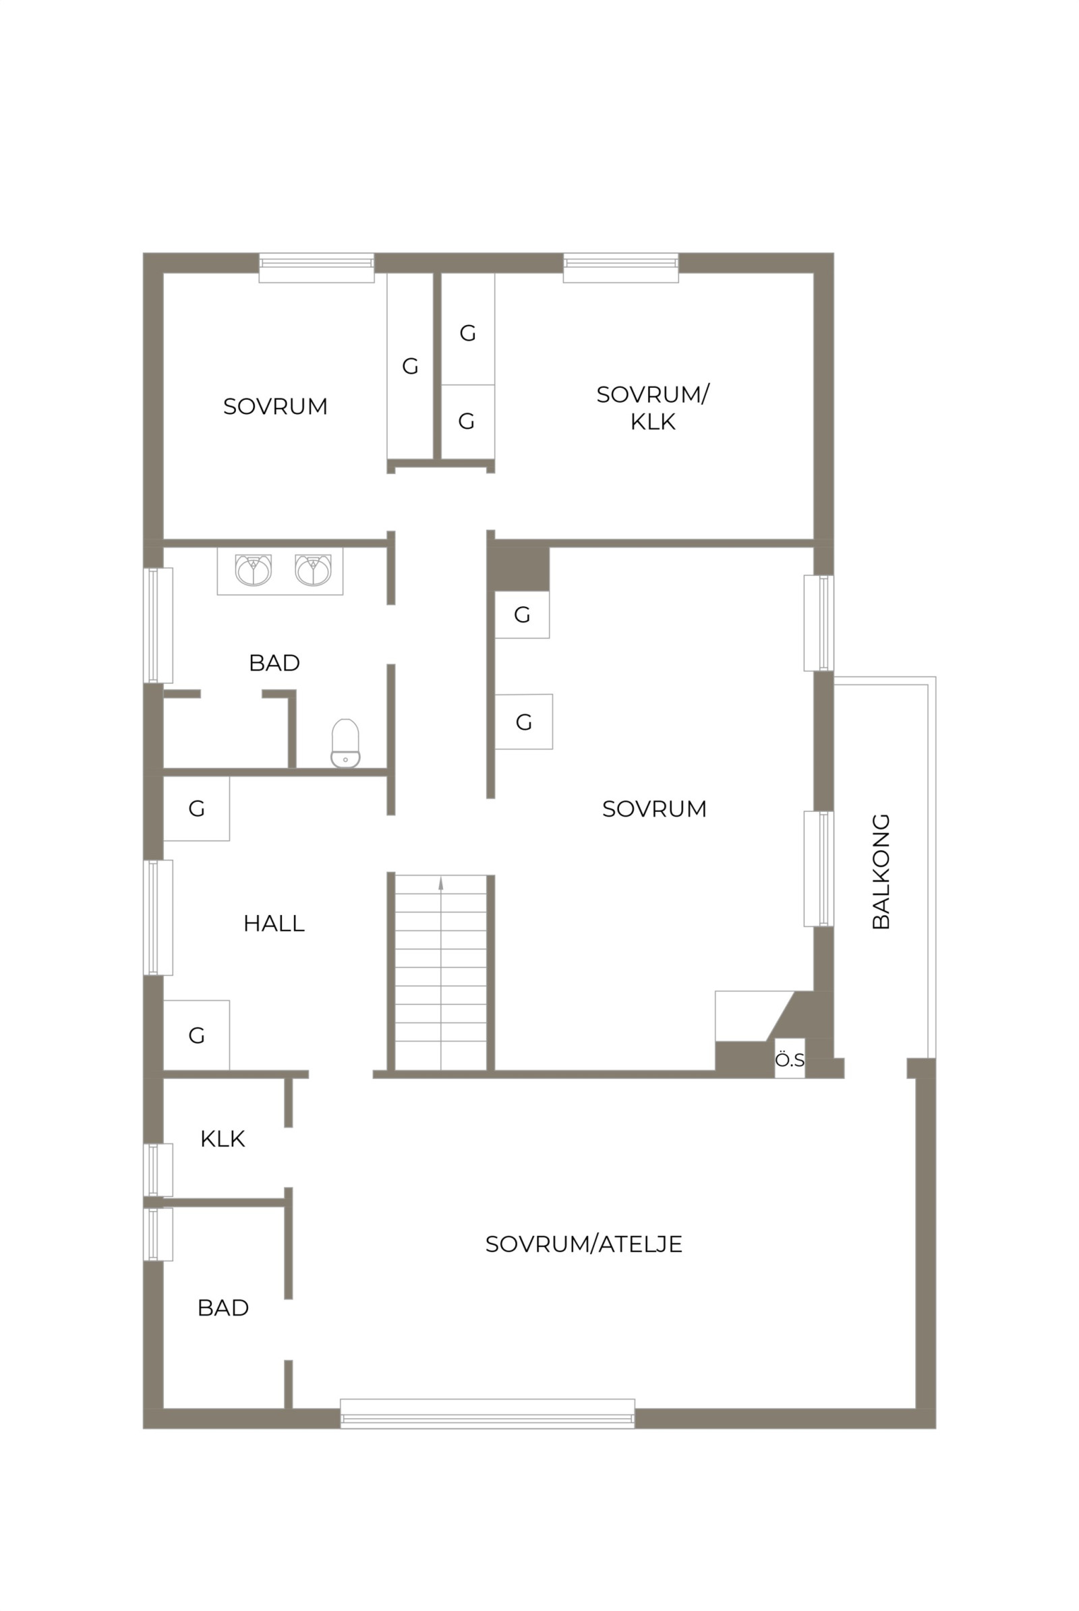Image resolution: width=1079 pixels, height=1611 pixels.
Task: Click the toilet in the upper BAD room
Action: [345, 743]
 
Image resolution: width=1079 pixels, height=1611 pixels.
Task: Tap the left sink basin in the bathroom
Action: [254, 570]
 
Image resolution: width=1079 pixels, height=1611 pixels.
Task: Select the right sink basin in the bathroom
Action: [313, 570]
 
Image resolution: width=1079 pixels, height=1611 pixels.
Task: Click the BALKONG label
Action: [881, 872]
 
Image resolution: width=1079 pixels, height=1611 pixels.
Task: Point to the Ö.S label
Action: [789, 1061]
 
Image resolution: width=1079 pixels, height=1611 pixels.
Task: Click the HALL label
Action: [274, 924]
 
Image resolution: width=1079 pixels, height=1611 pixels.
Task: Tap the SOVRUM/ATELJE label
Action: [583, 1244]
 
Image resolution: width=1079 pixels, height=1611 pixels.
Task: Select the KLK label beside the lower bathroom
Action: [223, 1139]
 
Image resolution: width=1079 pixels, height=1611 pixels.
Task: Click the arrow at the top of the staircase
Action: [440, 883]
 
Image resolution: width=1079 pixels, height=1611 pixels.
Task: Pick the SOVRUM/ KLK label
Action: [652, 408]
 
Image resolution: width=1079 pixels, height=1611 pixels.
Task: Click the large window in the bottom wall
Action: [487, 1413]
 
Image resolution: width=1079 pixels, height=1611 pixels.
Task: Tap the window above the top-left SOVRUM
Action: [316, 268]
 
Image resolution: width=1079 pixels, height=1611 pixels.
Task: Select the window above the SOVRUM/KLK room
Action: [620, 268]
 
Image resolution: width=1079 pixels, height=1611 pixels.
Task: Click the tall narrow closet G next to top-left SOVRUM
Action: [410, 366]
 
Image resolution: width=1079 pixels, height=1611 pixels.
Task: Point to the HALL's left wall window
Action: [158, 917]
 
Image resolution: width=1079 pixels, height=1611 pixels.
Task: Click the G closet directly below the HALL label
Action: [196, 1035]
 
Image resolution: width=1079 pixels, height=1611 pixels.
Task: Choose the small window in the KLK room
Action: [158, 1170]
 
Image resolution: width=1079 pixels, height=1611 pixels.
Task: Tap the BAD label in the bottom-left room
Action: [223, 1308]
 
